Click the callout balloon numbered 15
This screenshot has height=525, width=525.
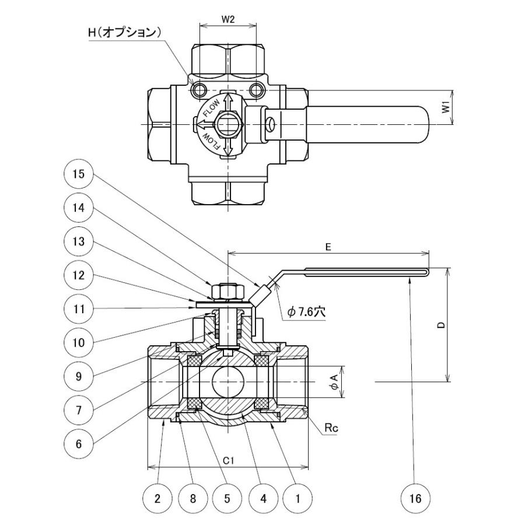[78, 174]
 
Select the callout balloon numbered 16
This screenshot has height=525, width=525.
[415, 499]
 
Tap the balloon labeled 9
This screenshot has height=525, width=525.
[78, 376]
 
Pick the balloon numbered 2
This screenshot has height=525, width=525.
[157, 499]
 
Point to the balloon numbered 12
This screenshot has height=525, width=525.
[78, 275]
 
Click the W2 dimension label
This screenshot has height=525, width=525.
[228, 19]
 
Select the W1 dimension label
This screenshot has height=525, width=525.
[445, 107]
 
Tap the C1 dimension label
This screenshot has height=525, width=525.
[228, 460]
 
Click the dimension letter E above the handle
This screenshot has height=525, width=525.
[328, 247]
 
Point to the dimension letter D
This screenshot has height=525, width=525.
[442, 324]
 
